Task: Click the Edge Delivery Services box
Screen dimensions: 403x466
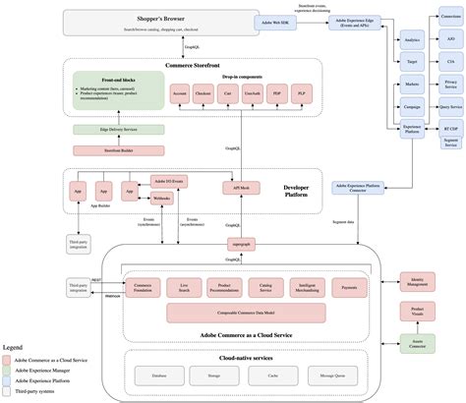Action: (x=104, y=130)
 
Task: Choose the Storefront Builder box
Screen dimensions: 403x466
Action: (x=104, y=150)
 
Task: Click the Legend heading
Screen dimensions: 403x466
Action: (x=12, y=347)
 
